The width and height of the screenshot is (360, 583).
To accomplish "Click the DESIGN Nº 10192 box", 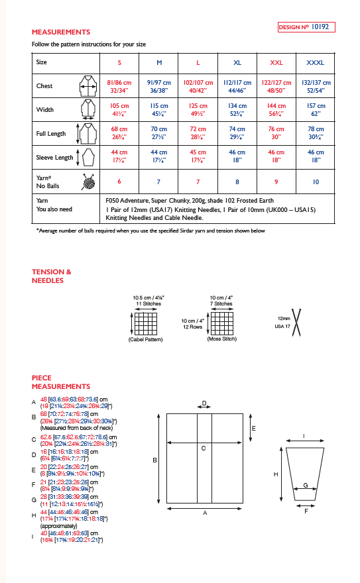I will click(x=306, y=27).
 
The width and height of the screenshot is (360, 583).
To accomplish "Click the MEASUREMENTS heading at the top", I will click(x=61, y=32).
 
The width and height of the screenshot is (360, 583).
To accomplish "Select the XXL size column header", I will click(x=276, y=62).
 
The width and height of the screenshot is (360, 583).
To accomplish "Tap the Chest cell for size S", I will click(x=119, y=85).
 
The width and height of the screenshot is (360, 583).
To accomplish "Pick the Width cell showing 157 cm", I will click(x=315, y=109).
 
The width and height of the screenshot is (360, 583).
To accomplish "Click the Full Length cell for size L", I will click(x=198, y=133).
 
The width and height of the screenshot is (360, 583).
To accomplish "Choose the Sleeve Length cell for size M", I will click(x=158, y=156).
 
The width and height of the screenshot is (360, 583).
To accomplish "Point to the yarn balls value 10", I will click(x=315, y=181).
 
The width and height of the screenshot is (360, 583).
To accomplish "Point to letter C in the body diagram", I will click(x=203, y=449).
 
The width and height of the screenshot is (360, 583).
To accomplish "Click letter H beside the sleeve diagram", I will click(x=275, y=474).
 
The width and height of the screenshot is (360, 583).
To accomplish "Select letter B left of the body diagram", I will click(x=154, y=460).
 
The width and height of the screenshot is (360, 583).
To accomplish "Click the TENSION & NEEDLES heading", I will click(x=51, y=276).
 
